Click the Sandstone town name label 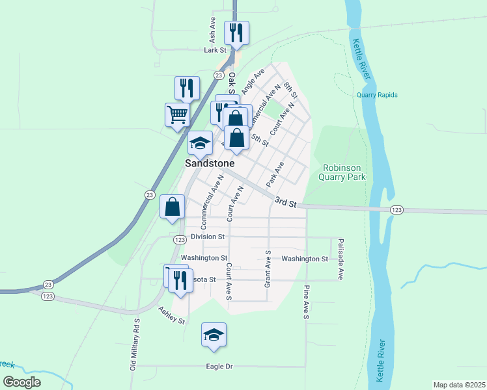tap(209, 163)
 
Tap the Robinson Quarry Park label tap(343, 172)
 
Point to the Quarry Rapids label tap(377, 95)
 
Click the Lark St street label tap(214, 49)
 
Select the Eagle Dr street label tap(219, 367)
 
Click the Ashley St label tap(172, 317)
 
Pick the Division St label tap(208, 237)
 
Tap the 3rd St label tap(285, 203)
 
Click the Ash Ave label tap(212, 30)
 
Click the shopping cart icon tap(177, 114)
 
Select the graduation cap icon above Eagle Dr tap(214, 334)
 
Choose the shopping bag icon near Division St tap(173, 207)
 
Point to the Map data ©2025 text tap(459, 385)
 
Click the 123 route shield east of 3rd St tap(396, 210)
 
